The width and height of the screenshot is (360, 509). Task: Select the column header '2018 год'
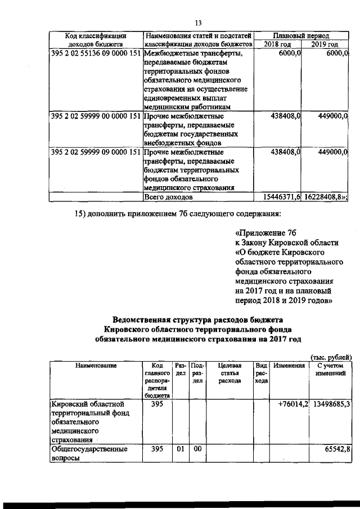(278, 44)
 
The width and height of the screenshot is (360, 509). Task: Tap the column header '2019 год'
(326, 44)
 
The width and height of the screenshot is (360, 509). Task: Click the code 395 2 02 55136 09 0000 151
(95, 53)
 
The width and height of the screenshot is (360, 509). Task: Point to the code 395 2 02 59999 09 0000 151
(95, 152)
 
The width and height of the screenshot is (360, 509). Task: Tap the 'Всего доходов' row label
(168, 197)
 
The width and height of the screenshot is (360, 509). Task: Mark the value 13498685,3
(332, 403)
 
